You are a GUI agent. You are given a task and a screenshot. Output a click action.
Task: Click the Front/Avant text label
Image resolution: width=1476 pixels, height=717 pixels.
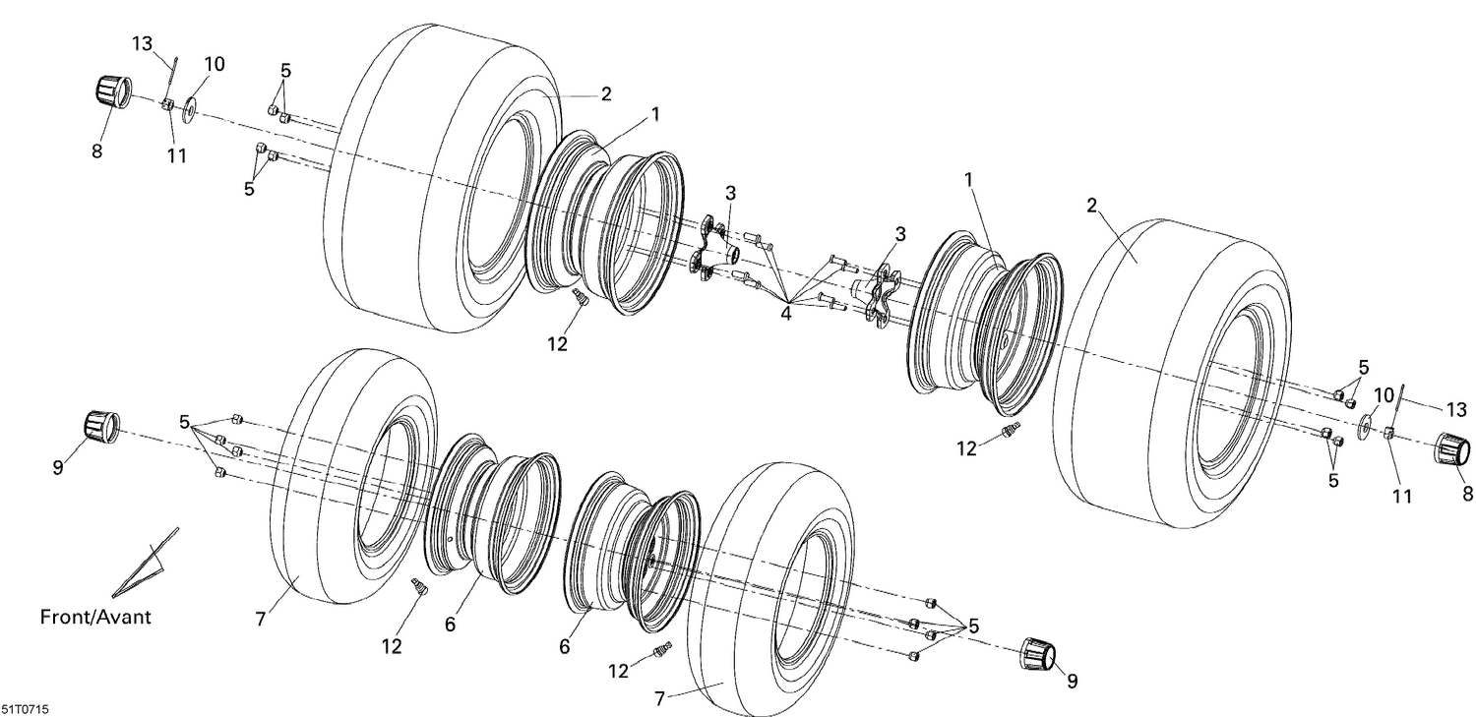click(x=95, y=618)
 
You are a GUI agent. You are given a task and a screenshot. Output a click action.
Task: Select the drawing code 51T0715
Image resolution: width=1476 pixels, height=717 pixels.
click(x=27, y=708)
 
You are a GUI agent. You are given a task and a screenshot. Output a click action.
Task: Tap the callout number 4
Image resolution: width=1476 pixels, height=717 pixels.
click(x=785, y=313)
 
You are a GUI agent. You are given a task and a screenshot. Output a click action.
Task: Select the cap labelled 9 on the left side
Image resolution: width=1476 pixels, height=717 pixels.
click(x=98, y=426)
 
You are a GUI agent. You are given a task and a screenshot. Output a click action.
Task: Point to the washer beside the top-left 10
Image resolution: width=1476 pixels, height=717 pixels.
click(x=189, y=103)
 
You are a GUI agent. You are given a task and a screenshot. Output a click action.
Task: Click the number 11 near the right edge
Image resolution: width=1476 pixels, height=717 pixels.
click(x=1401, y=497)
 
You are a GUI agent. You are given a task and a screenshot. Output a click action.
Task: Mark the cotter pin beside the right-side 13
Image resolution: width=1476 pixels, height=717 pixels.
click(x=1401, y=402)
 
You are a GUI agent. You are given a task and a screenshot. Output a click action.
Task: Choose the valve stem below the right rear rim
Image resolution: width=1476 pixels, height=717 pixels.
click(x=1010, y=430)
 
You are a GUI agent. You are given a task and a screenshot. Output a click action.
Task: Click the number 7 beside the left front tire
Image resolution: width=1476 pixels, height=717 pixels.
click(x=260, y=619)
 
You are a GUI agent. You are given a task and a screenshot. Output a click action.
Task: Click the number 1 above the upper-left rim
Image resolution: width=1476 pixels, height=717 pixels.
click(x=654, y=115)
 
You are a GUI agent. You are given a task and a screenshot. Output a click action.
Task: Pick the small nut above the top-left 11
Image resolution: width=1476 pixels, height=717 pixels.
click(x=167, y=104)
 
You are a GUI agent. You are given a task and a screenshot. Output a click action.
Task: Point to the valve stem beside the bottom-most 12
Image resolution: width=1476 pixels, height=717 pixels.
click(x=662, y=650)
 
